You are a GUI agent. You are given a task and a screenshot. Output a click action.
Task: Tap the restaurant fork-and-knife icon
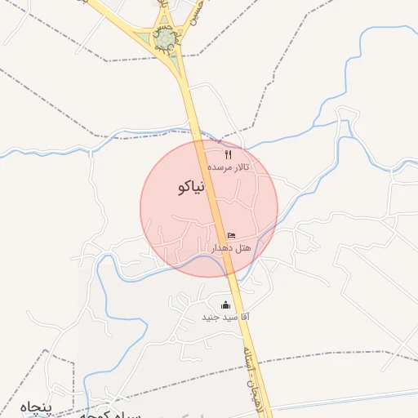point(228,154)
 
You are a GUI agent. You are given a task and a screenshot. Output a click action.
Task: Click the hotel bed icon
point(231,235)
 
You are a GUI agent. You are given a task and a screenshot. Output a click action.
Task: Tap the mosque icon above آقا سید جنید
point(225,305)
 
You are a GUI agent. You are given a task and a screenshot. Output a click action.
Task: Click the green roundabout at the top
point(167,37)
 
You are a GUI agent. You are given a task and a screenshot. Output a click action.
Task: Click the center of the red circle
point(209,207)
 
